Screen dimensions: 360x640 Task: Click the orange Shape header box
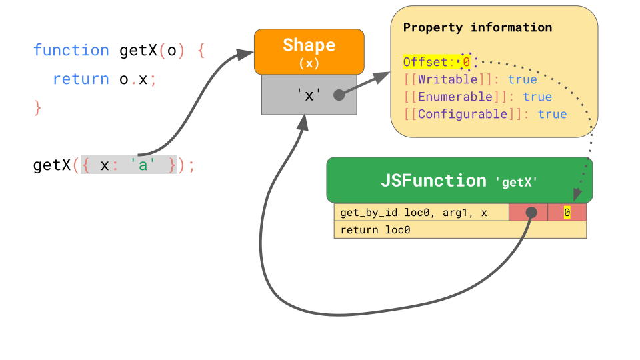[309, 51]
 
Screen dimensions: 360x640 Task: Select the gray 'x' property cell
[309, 95]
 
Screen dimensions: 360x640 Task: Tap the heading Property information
[477, 27]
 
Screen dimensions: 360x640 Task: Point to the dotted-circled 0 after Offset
[467, 62]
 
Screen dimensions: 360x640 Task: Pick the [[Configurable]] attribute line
[485, 114]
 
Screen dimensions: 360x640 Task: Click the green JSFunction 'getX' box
[459, 180]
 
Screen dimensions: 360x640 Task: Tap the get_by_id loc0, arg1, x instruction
[413, 213]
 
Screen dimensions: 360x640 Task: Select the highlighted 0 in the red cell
[567, 213]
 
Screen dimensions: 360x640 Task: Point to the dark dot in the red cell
[531, 212]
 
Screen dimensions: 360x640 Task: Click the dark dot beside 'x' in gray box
[339, 95]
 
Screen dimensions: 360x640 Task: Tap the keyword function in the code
[71, 51]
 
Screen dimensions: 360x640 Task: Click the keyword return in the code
[81, 79]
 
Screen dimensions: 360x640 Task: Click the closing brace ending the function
[37, 107]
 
